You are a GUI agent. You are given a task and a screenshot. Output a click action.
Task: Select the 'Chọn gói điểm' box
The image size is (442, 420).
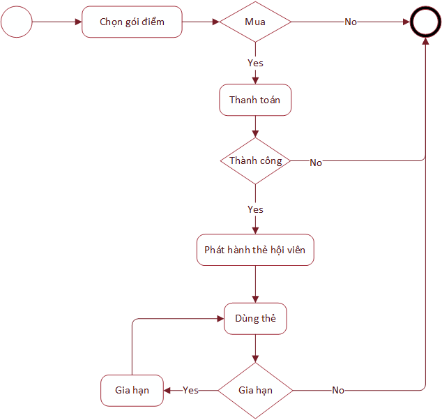pyautogui.click(x=132, y=22)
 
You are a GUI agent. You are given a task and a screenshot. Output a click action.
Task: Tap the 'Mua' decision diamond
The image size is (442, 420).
pyautogui.click(x=255, y=22)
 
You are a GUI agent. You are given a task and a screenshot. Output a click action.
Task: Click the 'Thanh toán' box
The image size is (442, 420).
pyautogui.click(x=255, y=100)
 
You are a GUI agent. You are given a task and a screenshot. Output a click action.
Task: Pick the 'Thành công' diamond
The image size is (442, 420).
pyautogui.click(x=255, y=160)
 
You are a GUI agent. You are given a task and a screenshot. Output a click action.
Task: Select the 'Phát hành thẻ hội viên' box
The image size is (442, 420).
pyautogui.click(x=255, y=250)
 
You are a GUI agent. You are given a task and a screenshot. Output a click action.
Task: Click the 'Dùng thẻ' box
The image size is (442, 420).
pyautogui.click(x=255, y=319)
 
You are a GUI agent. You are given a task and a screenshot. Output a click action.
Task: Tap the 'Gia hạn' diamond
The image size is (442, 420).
pyautogui.click(x=255, y=391)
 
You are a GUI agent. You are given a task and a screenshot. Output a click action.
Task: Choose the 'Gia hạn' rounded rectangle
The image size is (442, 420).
pyautogui.click(x=132, y=391)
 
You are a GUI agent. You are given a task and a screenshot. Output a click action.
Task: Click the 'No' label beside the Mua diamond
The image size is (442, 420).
pyautogui.click(x=351, y=22)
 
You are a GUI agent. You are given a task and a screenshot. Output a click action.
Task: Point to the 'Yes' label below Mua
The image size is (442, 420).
pyautogui.click(x=255, y=63)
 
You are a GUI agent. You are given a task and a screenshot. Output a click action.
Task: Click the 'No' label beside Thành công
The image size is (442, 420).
pyautogui.click(x=316, y=163)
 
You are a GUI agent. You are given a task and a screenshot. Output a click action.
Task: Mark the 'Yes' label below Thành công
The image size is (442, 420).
pyautogui.click(x=255, y=209)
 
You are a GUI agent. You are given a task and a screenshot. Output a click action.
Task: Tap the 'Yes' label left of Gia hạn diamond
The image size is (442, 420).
pyautogui.click(x=190, y=390)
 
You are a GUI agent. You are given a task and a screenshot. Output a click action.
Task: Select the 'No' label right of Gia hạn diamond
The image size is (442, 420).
pyautogui.click(x=338, y=390)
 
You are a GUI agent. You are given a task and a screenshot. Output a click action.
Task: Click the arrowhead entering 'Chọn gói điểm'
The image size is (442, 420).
pyautogui.click(x=78, y=22)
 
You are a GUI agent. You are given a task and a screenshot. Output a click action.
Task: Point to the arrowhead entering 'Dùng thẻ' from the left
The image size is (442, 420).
pyautogui.click(x=220, y=319)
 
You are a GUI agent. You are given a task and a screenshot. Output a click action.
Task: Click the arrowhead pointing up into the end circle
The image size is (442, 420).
pyautogui.click(x=425, y=41)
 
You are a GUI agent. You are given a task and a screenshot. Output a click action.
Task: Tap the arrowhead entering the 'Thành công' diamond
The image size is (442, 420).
pyautogui.click(x=255, y=134)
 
